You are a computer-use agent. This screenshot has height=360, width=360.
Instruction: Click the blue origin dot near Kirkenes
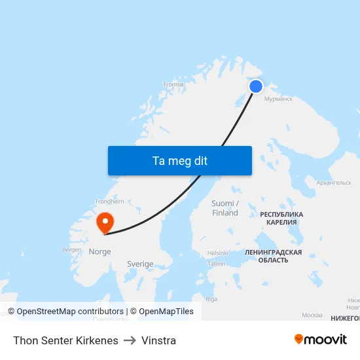(x=256, y=86)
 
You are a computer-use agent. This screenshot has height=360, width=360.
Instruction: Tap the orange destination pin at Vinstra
(x=105, y=222)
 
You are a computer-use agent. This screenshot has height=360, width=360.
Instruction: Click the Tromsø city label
(x=173, y=84)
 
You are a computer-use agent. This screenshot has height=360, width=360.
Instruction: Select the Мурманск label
(x=278, y=99)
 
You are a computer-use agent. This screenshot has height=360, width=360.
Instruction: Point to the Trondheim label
(x=109, y=202)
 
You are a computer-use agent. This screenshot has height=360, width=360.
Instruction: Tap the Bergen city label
(x=71, y=249)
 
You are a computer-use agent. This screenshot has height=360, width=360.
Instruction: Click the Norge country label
(x=99, y=251)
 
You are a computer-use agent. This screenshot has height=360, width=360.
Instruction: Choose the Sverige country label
(x=140, y=264)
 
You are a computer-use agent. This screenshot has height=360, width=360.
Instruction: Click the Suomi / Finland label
(x=225, y=208)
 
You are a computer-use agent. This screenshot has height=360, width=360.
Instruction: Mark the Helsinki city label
(x=217, y=253)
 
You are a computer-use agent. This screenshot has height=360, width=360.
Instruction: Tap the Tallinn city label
(x=216, y=264)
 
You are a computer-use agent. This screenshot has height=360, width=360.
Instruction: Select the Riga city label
(x=211, y=298)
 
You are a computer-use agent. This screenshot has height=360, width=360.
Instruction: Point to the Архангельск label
(x=334, y=183)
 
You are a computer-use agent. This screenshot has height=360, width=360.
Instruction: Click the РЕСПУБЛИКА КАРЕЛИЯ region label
(x=281, y=218)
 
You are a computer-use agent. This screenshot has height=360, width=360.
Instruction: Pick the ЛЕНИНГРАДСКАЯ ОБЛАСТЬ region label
(x=273, y=256)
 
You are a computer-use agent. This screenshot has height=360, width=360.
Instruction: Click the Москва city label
(x=312, y=315)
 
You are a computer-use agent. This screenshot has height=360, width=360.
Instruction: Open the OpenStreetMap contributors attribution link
(x=70, y=312)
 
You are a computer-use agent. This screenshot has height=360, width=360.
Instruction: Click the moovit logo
(x=321, y=340)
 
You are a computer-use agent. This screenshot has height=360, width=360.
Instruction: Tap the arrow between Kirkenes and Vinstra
(x=130, y=340)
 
